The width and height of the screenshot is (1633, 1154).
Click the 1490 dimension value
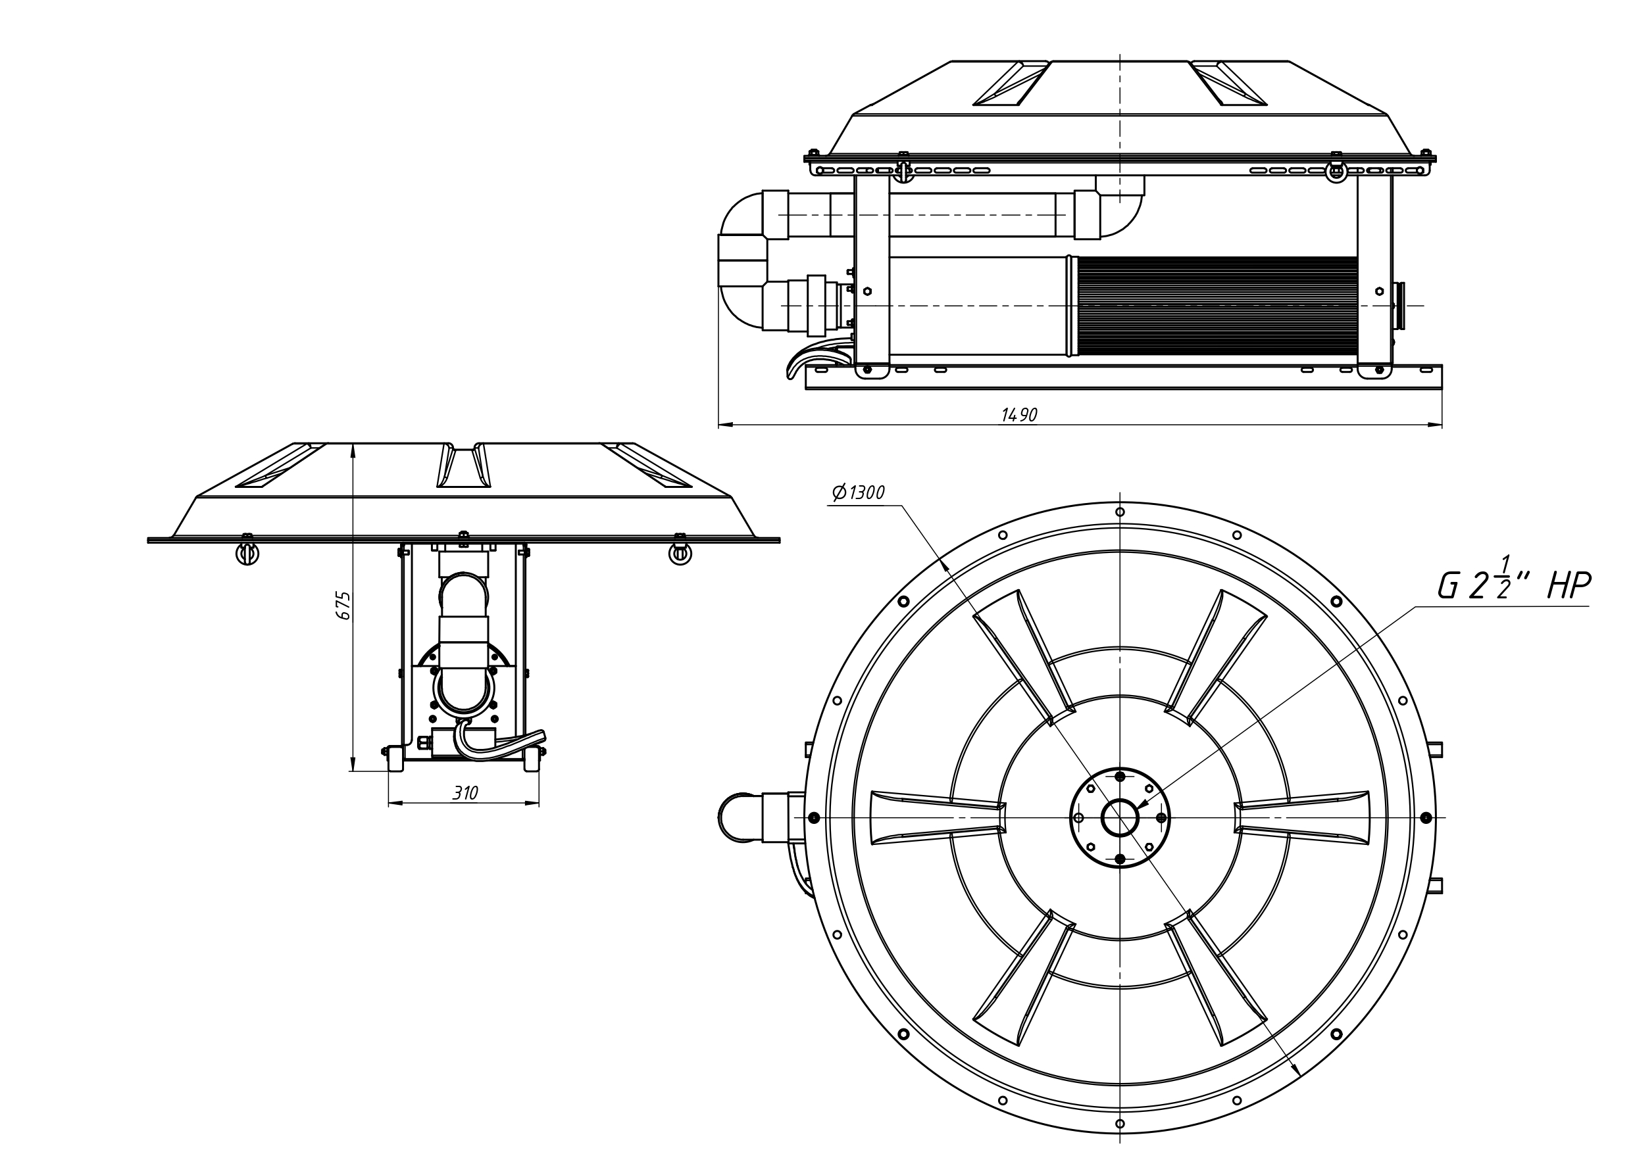pyautogui.click(x=1019, y=415)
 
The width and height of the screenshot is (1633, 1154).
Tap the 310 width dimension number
pyautogui.click(x=465, y=793)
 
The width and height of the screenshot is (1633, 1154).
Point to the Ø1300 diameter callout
pyautogui.click(x=858, y=492)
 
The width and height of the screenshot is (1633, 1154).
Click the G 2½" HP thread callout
pyautogui.click(x=1513, y=585)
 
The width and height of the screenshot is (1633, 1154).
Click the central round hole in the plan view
pyautogui.click(x=1120, y=818)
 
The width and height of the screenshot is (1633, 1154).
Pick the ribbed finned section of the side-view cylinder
pyautogui.click(x=1218, y=306)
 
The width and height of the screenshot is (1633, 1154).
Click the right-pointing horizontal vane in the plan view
pyautogui.click(x=1301, y=818)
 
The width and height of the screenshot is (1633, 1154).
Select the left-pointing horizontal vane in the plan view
pyautogui.click(x=938, y=818)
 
